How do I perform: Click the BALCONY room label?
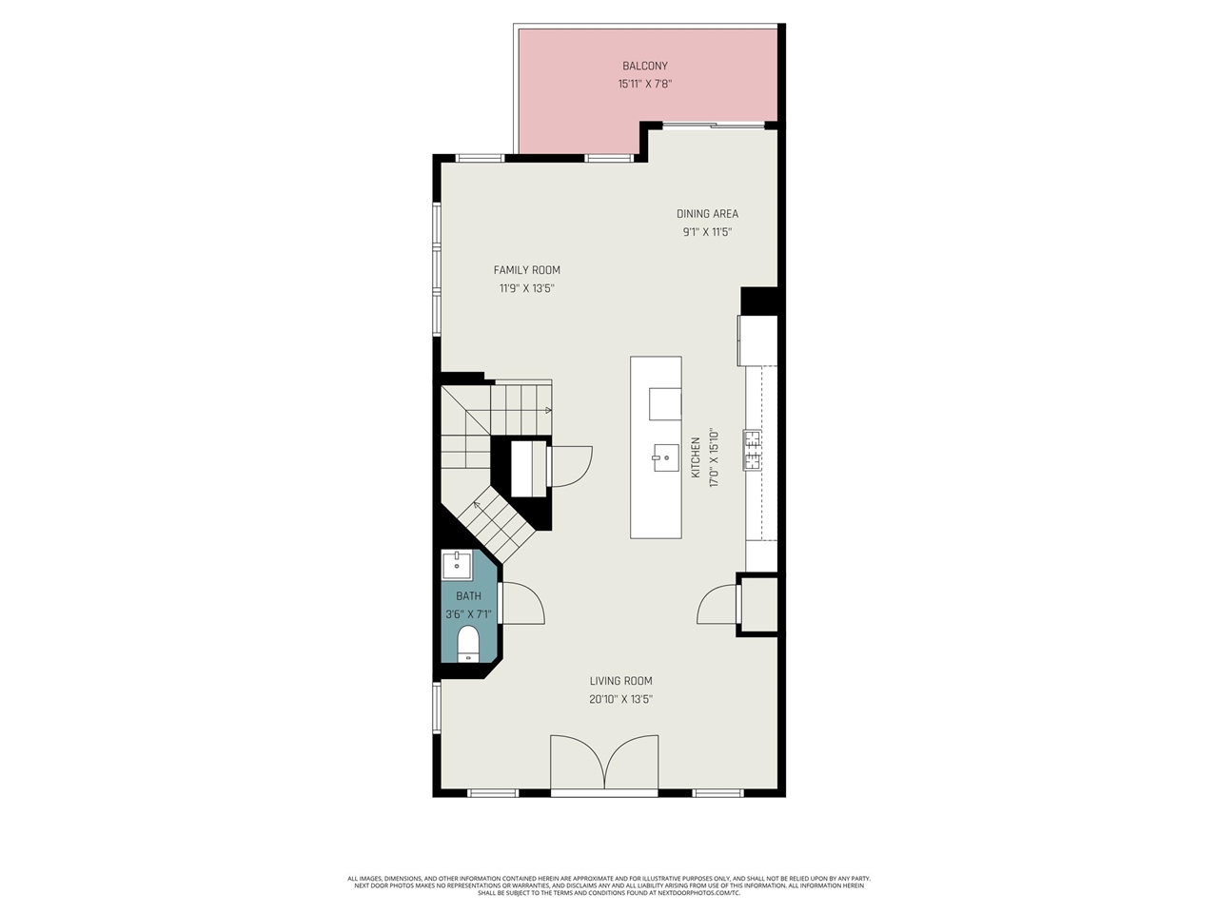pyautogui.click(x=644, y=66)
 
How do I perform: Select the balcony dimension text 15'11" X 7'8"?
pyautogui.click(x=644, y=84)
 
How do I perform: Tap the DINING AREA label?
pyautogui.click(x=707, y=214)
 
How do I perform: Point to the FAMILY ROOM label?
pyautogui.click(x=526, y=270)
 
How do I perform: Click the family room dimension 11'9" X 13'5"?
pyautogui.click(x=526, y=288)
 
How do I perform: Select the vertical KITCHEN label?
pyautogui.click(x=696, y=458)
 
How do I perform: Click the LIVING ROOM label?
pyautogui.click(x=620, y=681)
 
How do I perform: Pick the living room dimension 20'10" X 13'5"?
pyautogui.click(x=620, y=699)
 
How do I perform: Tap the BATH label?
pyautogui.click(x=468, y=596)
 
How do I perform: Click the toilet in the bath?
pyautogui.click(x=468, y=643)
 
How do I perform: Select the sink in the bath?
pyautogui.click(x=458, y=565)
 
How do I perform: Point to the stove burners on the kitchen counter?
pyautogui.click(x=752, y=450)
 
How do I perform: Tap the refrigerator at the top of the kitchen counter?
pyautogui.click(x=757, y=340)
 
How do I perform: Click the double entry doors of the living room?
pyautogui.click(x=604, y=763)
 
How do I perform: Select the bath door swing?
pyautogui.click(x=521, y=603)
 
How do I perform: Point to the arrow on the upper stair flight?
pyautogui.click(x=547, y=411)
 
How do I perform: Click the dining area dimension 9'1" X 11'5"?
pyautogui.click(x=707, y=232)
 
